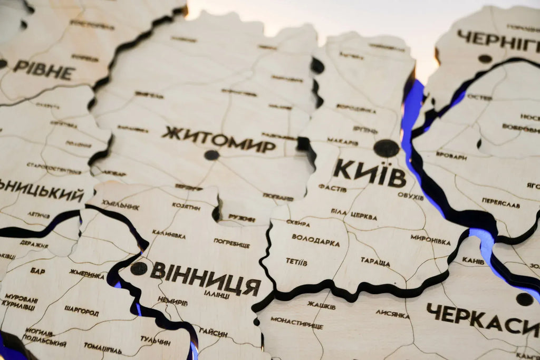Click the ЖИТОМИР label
click(x=218, y=139)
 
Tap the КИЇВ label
click(x=370, y=172)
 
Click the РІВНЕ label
click(x=44, y=70)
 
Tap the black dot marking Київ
click(x=387, y=148)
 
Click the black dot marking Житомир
click(x=211, y=155)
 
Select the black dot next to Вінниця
click(x=139, y=268)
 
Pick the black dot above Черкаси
click(x=524, y=299)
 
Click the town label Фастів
click(x=332, y=188)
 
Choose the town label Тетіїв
click(x=296, y=261)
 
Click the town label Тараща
click(x=375, y=261)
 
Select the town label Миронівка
click(x=430, y=240)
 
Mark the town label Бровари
click(x=451, y=156)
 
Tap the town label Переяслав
click(x=500, y=203)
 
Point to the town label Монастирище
click(x=296, y=322)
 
